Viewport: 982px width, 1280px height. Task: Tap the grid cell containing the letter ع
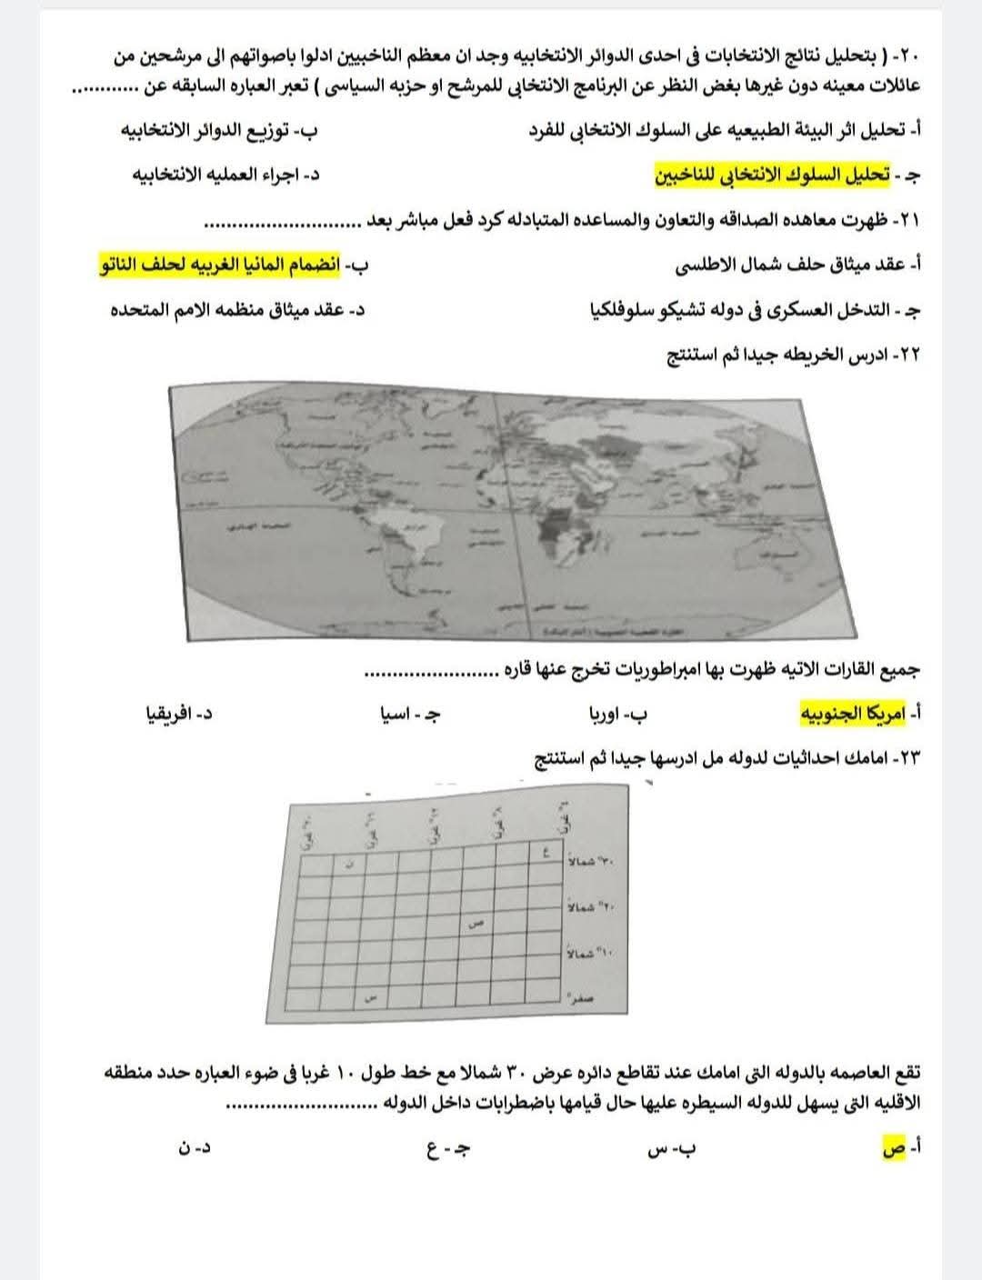[x=546, y=854]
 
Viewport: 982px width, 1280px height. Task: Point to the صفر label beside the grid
[x=582, y=997]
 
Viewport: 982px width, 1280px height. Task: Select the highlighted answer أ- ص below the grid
[x=896, y=1150]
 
